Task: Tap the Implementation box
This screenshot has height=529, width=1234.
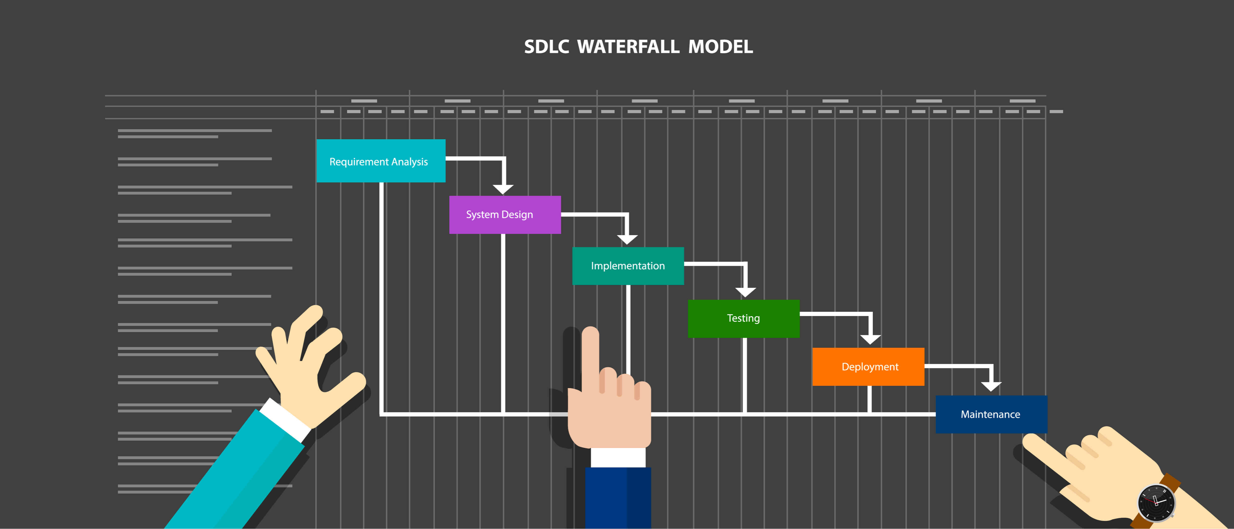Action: pyautogui.click(x=628, y=266)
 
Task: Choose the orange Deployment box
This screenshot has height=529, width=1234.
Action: pyautogui.click(x=868, y=367)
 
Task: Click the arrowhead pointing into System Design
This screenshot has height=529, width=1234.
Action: pyautogui.click(x=503, y=189)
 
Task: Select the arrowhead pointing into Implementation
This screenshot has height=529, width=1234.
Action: pyautogui.click(x=627, y=239)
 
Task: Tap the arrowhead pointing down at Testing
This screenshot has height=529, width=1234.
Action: pyautogui.click(x=745, y=292)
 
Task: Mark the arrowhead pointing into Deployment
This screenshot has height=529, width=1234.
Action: pyautogui.click(x=870, y=339)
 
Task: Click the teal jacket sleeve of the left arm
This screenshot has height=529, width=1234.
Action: pyautogui.click(x=239, y=474)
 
